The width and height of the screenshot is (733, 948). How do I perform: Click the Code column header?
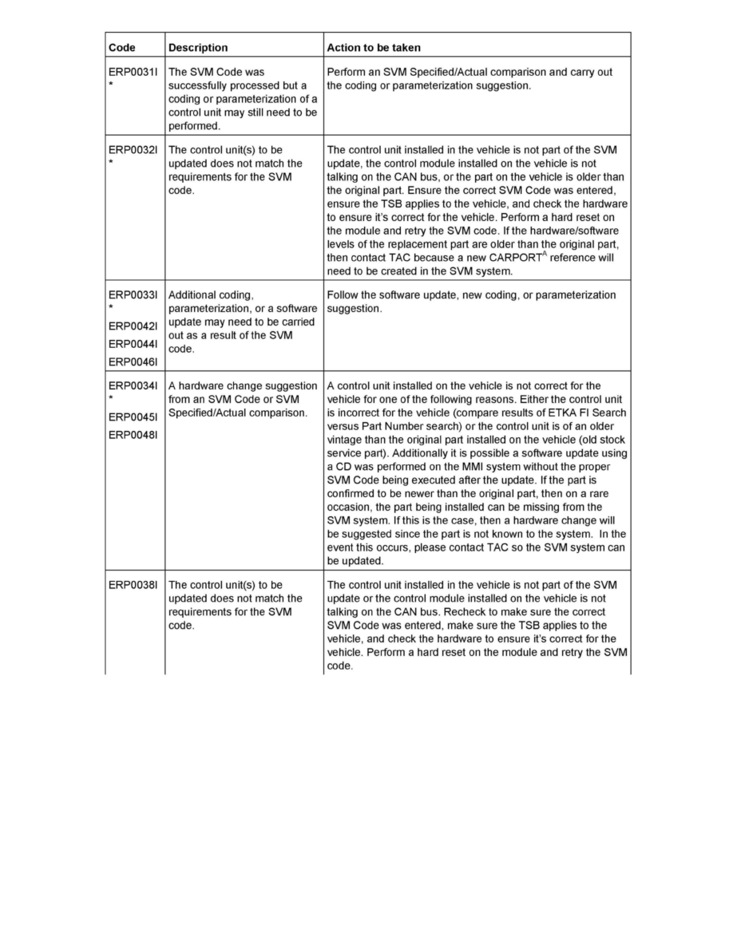(x=122, y=48)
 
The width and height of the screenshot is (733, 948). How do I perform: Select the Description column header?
(x=198, y=48)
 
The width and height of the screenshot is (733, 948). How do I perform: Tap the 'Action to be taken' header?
(x=374, y=48)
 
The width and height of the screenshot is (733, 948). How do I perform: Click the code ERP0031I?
(x=134, y=72)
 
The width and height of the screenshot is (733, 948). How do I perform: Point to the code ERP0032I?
(x=134, y=149)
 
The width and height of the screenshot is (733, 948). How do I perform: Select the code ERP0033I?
(x=134, y=295)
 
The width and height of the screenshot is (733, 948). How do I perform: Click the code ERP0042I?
(x=134, y=326)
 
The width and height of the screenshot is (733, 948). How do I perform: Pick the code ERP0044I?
(x=134, y=344)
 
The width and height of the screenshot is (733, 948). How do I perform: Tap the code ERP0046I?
(x=134, y=361)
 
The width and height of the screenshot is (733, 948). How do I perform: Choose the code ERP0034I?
(x=134, y=386)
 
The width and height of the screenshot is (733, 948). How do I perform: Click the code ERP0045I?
(x=134, y=417)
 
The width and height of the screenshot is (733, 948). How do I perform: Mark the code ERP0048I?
(x=134, y=435)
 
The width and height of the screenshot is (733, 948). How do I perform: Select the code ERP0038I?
(x=134, y=585)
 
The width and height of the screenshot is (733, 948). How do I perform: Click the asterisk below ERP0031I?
(x=111, y=84)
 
